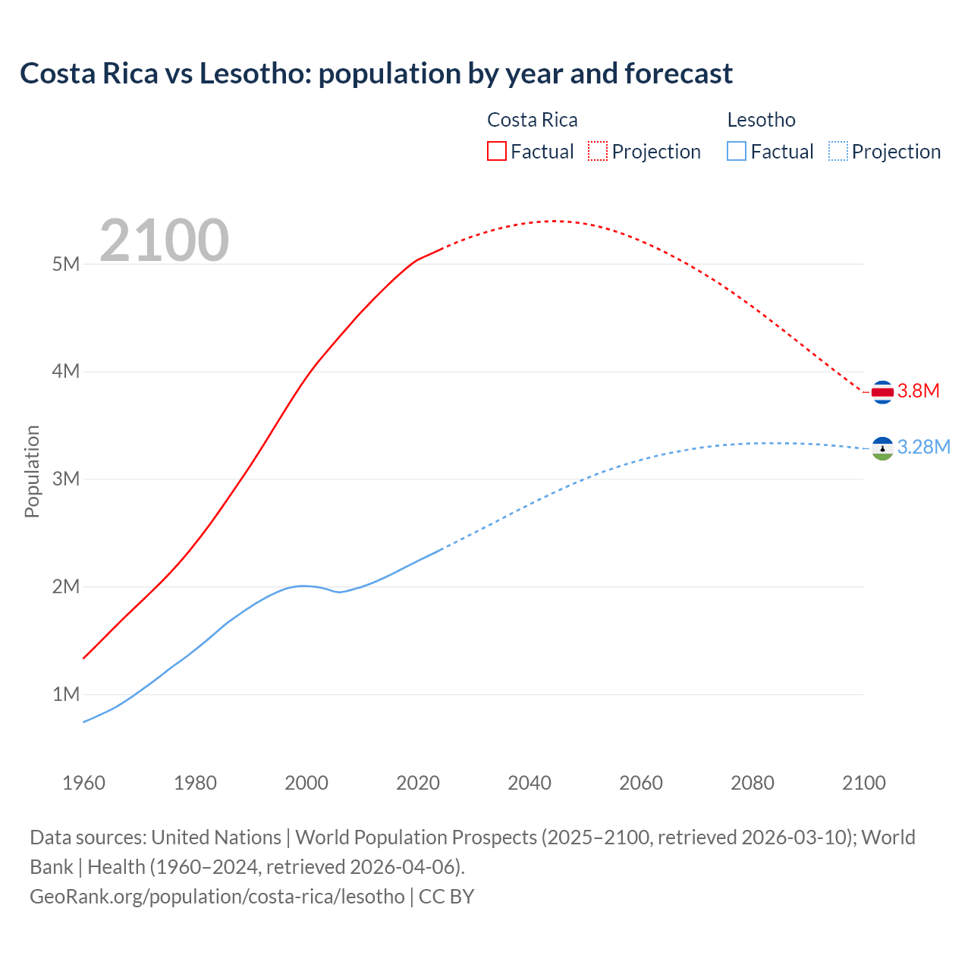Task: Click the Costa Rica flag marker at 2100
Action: point(881,392)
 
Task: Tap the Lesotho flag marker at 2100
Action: point(881,448)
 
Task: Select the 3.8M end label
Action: point(919,391)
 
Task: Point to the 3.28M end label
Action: point(923,447)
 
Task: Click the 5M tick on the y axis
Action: point(66,264)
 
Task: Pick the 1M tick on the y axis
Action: point(66,694)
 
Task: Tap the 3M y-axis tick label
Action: point(66,479)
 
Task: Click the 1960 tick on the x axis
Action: point(83,783)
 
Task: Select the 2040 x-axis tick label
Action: point(529,783)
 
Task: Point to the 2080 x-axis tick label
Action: point(753,783)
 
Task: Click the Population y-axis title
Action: point(32,471)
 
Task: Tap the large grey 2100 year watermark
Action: point(164,240)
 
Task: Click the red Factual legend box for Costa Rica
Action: point(497,151)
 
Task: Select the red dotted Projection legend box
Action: point(598,151)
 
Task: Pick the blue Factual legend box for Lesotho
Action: point(737,151)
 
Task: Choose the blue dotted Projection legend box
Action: point(837,151)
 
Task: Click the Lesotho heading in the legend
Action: point(761,120)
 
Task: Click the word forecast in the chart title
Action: point(678,74)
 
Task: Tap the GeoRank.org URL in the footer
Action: point(217,896)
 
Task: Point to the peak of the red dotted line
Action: point(556,221)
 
